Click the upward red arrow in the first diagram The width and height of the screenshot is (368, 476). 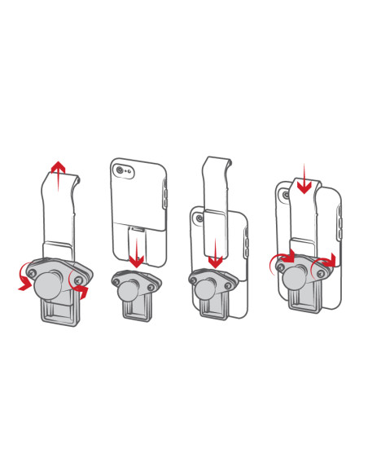pyautogui.click(x=59, y=174)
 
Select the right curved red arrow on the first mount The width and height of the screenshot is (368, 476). pyautogui.click(x=81, y=286)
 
